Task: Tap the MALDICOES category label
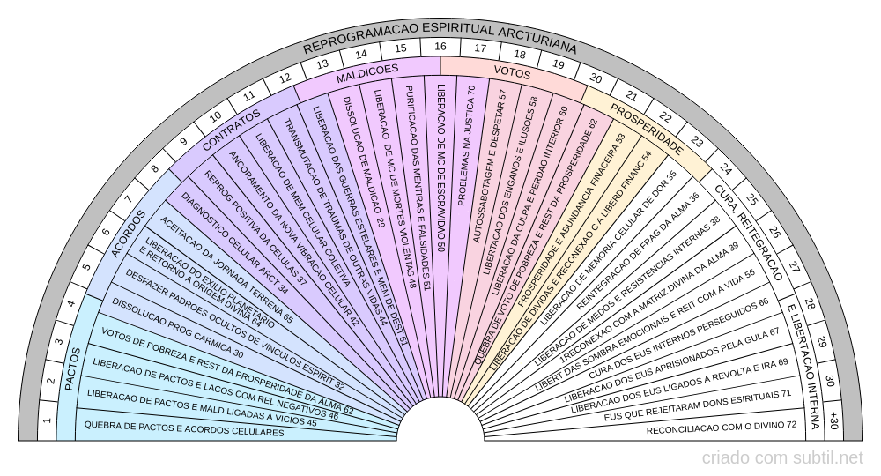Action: (x=366, y=74)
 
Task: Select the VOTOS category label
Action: (x=512, y=72)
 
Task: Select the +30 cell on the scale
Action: (x=833, y=421)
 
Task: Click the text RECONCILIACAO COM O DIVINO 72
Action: (x=721, y=429)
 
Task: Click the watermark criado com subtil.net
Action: (x=782, y=458)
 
